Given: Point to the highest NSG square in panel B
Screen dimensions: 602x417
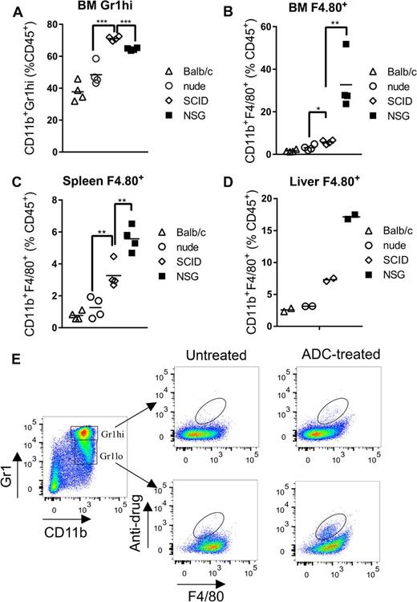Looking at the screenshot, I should (x=346, y=44).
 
